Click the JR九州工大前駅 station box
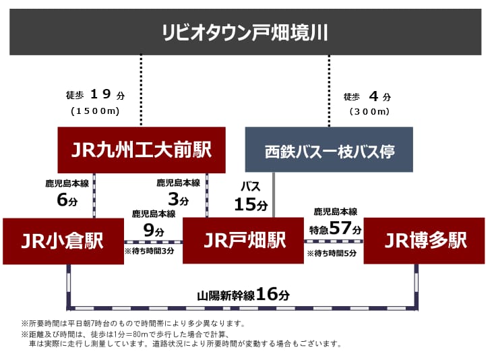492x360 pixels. [142, 150]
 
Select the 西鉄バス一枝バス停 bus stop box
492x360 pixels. [329, 150]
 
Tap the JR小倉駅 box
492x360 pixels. [63, 241]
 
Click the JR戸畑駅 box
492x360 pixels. [243, 241]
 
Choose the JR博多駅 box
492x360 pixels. [424, 241]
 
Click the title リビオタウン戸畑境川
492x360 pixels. [245, 32]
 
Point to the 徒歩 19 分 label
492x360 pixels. [96, 94]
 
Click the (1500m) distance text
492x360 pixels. [96, 111]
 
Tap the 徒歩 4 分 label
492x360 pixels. [367, 96]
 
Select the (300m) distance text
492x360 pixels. [369, 111]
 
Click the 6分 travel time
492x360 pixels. [67, 200]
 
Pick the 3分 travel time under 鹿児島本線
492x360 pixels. [178, 199]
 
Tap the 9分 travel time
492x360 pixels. [154, 231]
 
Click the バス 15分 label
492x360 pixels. [251, 196]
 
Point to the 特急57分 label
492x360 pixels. [336, 228]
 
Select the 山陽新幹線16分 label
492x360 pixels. [243, 295]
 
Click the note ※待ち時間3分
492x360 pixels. [150, 251]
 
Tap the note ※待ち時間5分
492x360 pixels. [332, 253]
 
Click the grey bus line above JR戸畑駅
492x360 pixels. [274, 195]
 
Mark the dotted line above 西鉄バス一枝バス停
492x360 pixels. [329, 91]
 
